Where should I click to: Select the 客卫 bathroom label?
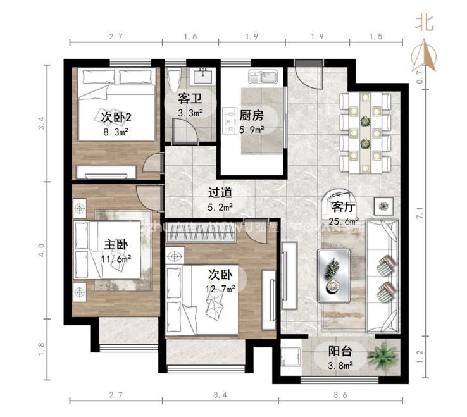pos(190,99)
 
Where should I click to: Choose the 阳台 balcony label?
pos(340,352)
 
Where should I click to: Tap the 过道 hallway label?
pos(221,193)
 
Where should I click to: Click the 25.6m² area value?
pos(343,221)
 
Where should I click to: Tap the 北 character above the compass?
pos(424,23)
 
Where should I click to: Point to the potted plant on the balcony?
pos(383,357)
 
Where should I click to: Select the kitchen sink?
pos(261,78)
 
